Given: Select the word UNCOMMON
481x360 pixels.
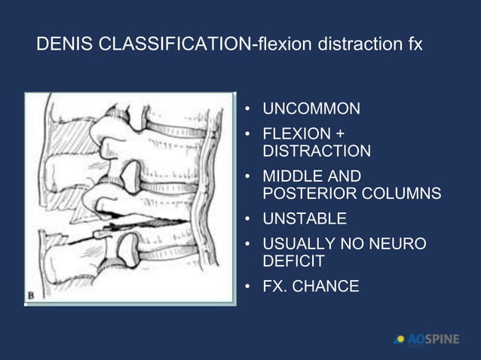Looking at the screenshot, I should pos(311,109).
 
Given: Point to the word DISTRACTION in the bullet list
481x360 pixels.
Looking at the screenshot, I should pos(316,151).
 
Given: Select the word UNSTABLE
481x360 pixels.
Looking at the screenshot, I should pos(305,219).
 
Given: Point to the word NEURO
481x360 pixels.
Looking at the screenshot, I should pos(397,244).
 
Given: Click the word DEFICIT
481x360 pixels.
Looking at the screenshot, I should pos(293,261).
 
